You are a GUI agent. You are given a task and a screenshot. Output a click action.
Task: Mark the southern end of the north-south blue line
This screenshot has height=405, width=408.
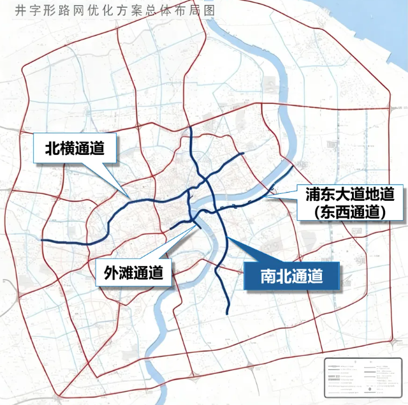(228, 313)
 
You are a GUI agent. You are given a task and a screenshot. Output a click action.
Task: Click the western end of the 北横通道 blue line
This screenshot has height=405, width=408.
(42, 240)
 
